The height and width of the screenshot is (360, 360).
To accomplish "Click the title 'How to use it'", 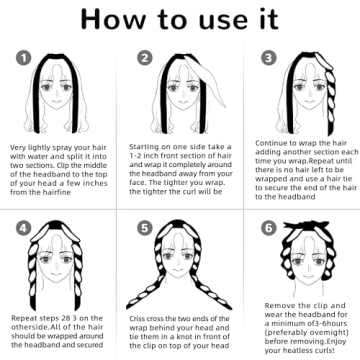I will [180, 21].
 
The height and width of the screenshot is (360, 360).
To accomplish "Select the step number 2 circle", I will [145, 58].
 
